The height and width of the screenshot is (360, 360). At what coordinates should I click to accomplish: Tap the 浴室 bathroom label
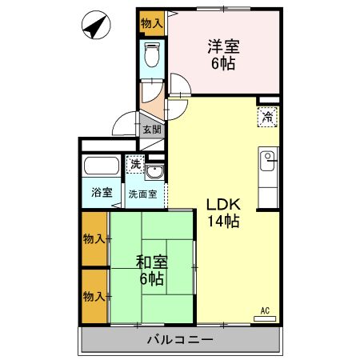[x=101, y=193]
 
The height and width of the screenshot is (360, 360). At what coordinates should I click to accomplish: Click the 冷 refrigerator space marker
[x=268, y=118]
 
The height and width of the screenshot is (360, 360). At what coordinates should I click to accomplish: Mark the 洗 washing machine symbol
[x=137, y=165]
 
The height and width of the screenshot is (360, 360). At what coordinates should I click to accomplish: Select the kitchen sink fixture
[x=268, y=158]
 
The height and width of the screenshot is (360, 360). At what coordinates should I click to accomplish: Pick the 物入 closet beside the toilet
[x=151, y=23]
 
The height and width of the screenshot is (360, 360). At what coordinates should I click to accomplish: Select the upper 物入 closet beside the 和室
[x=94, y=238]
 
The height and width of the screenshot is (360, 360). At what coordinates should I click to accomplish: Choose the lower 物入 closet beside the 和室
[x=94, y=296]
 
